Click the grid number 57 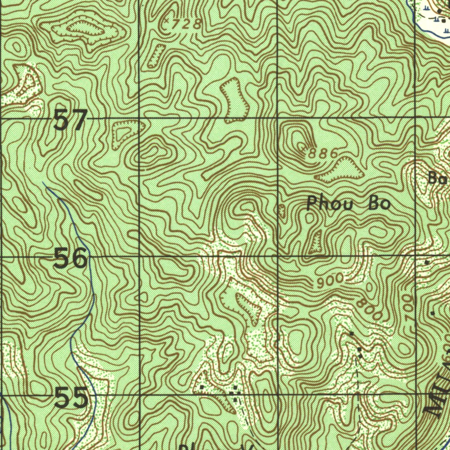click(x=70, y=120)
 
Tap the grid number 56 click(x=71, y=258)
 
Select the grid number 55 click(x=72, y=399)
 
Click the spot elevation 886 click(x=323, y=153)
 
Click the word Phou click(x=327, y=203)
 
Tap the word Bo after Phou click(x=379, y=203)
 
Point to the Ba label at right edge click(x=438, y=178)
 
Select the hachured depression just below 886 click(x=340, y=171)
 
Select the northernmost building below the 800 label click(x=351, y=334)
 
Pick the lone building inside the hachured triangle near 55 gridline click(x=202, y=387)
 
